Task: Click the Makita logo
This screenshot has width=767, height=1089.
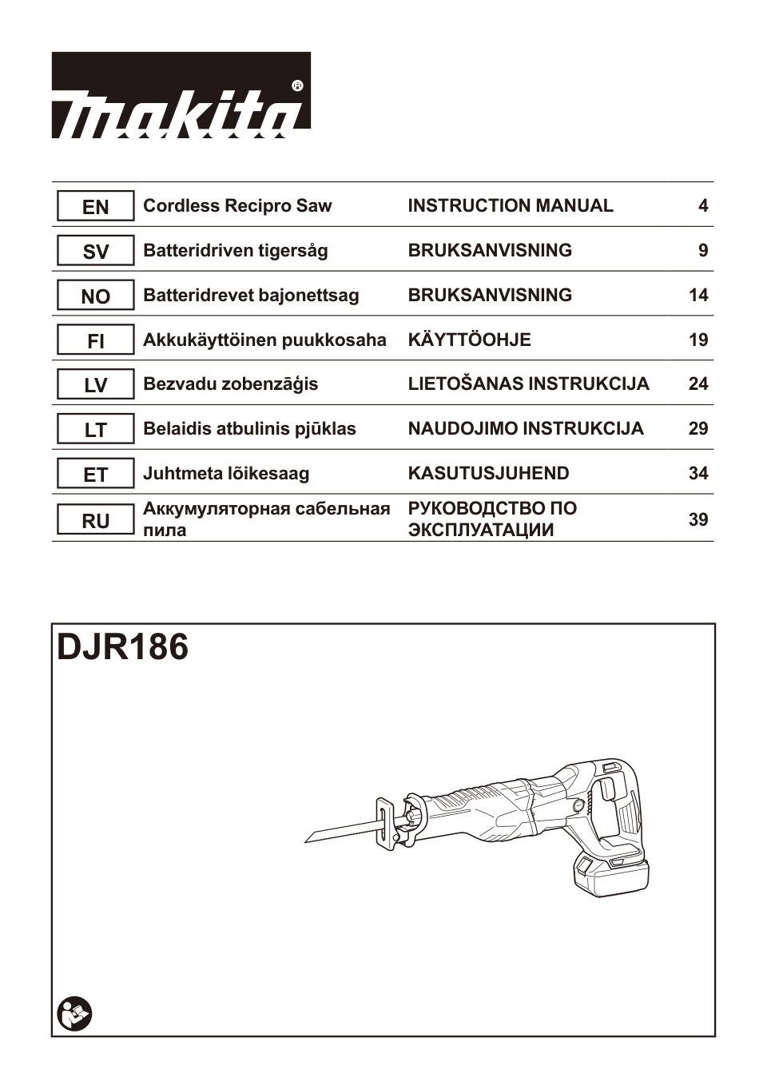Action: [x=181, y=96]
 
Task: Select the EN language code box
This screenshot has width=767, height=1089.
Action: [x=95, y=207]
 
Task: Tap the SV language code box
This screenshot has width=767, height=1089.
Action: [x=95, y=252]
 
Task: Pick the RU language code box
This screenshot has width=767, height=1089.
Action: [x=95, y=521]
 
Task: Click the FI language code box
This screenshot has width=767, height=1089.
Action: [x=95, y=341]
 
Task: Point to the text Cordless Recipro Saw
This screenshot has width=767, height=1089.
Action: [x=237, y=206]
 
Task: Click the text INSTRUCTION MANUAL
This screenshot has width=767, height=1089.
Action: [x=511, y=206]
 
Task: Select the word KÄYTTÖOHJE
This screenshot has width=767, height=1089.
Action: [x=469, y=340]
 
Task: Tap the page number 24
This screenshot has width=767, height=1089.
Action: [x=697, y=384]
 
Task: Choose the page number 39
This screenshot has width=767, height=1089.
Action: [x=697, y=519]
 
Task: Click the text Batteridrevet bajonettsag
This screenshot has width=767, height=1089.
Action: [x=251, y=296]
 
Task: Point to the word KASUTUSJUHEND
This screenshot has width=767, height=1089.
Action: [x=488, y=474]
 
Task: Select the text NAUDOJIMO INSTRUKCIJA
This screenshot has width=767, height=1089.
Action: [x=525, y=429]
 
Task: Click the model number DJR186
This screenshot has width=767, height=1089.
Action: [x=123, y=647]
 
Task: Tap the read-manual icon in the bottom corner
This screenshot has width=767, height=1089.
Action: [x=75, y=1013]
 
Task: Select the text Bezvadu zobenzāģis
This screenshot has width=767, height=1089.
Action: [x=230, y=384]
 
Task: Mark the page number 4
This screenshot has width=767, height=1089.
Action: [x=702, y=206]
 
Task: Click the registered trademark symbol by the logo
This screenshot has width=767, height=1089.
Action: [x=297, y=85]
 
